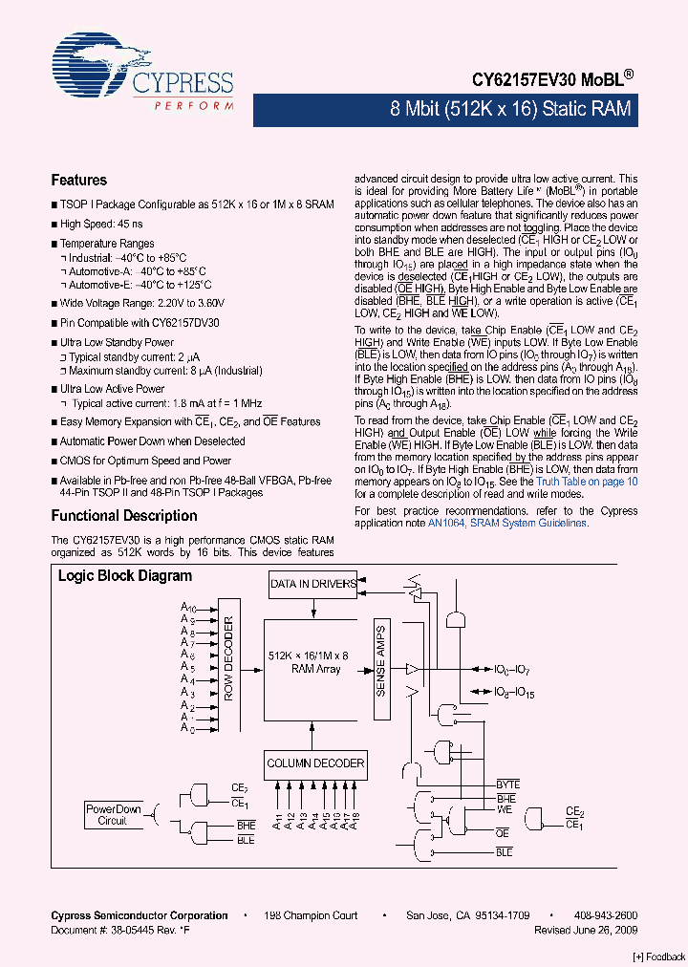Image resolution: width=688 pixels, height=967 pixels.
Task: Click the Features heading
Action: point(78,181)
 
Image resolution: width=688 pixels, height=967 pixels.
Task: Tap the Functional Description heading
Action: point(123,516)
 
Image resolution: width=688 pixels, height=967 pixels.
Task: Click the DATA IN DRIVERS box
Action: point(312,584)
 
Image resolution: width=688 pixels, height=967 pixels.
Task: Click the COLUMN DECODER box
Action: point(315,763)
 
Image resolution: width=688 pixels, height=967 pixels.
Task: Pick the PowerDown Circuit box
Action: point(113,814)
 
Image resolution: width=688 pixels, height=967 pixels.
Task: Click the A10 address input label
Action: point(188,608)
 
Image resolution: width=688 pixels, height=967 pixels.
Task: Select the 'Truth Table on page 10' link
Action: point(587,482)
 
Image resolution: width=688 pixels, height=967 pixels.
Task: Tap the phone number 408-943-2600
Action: point(605,915)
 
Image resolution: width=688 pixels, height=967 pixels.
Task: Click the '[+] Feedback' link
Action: point(659,956)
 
